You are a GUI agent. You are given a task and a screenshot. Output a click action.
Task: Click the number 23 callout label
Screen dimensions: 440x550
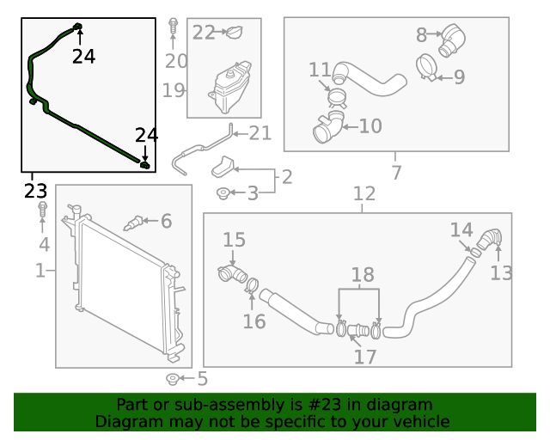tap(35, 190)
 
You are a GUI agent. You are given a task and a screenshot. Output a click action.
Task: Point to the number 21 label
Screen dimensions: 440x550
tap(260, 132)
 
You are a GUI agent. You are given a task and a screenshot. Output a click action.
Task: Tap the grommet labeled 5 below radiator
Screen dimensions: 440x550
tap(172, 379)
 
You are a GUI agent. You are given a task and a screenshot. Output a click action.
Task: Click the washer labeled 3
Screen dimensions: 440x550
tap(223, 193)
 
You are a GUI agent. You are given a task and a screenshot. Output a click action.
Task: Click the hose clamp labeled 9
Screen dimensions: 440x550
tap(425, 65)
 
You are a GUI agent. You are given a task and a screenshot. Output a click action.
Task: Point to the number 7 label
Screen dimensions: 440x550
tap(396, 173)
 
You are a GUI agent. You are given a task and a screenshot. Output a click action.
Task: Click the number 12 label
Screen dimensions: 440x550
tap(364, 194)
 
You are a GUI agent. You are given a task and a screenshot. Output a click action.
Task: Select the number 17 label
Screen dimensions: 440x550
tap(365, 356)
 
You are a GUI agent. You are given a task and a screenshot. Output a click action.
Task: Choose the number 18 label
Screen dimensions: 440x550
tap(363, 275)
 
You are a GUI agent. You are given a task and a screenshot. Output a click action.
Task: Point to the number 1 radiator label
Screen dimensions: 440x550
tap(40, 272)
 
